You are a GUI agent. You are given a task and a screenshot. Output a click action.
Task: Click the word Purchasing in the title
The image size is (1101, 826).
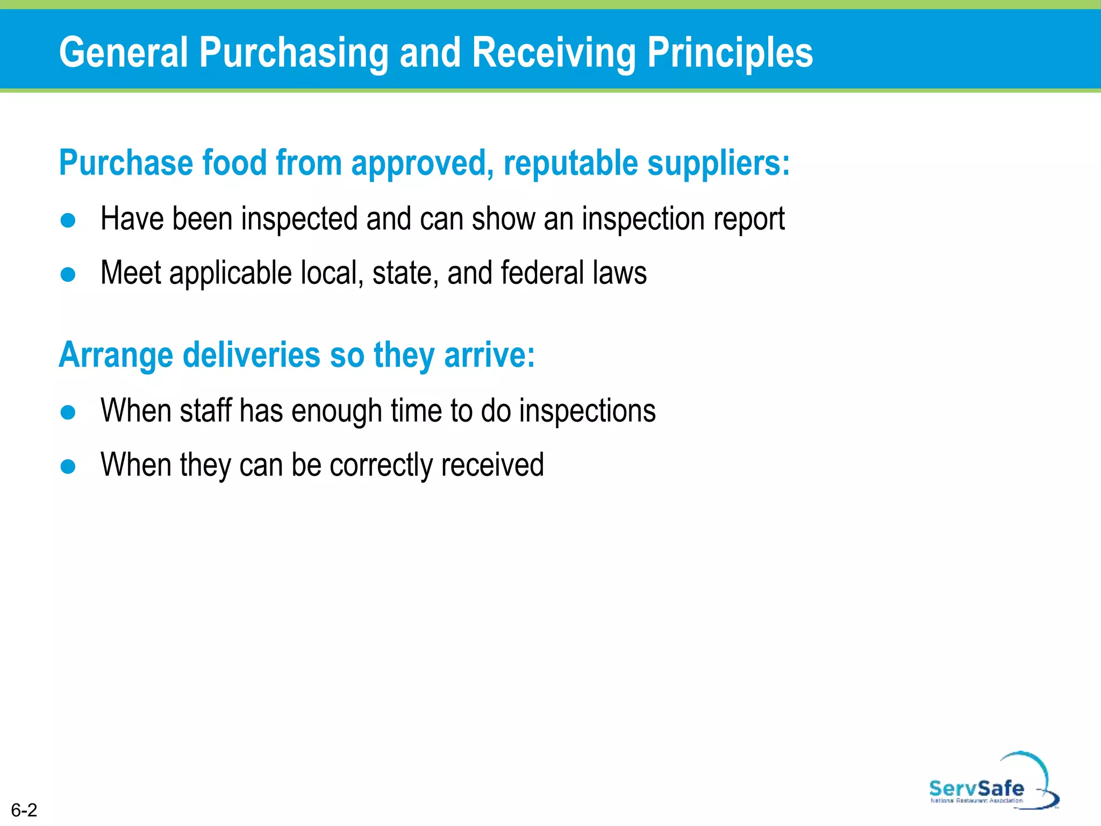294,53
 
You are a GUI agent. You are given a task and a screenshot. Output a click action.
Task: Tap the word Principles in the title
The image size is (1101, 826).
730,53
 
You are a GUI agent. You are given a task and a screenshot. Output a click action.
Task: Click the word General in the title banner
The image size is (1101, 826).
124,53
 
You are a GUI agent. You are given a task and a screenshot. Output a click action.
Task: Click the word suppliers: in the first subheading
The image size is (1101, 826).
718,163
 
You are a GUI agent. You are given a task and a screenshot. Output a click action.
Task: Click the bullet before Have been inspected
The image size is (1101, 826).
68,220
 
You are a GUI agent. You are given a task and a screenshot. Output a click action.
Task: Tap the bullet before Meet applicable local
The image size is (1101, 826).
68,275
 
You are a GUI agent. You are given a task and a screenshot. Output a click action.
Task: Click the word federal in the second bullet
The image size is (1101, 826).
542,273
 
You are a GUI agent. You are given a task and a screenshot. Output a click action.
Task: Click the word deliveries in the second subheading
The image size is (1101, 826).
252,355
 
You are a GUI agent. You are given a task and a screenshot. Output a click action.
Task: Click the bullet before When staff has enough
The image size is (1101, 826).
68,412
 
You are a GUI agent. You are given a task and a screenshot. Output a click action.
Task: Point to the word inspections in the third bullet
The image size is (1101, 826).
587,411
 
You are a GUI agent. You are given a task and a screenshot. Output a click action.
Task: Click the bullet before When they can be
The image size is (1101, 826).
68,466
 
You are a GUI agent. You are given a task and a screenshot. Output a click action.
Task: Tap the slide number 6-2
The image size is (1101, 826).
24,810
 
